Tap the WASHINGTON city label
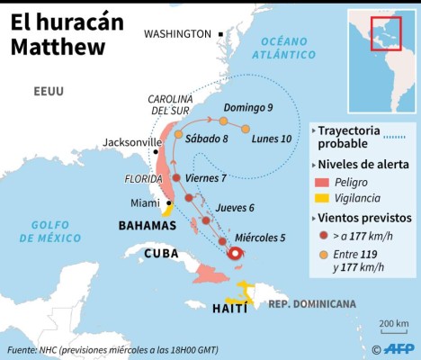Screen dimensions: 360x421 (177, 33)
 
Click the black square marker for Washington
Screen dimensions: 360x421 (220, 33)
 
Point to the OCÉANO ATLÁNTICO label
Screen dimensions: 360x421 (285, 48)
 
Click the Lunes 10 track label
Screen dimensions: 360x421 (271, 139)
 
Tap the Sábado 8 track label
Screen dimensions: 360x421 (206, 139)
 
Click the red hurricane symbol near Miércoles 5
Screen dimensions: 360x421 (236, 254)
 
